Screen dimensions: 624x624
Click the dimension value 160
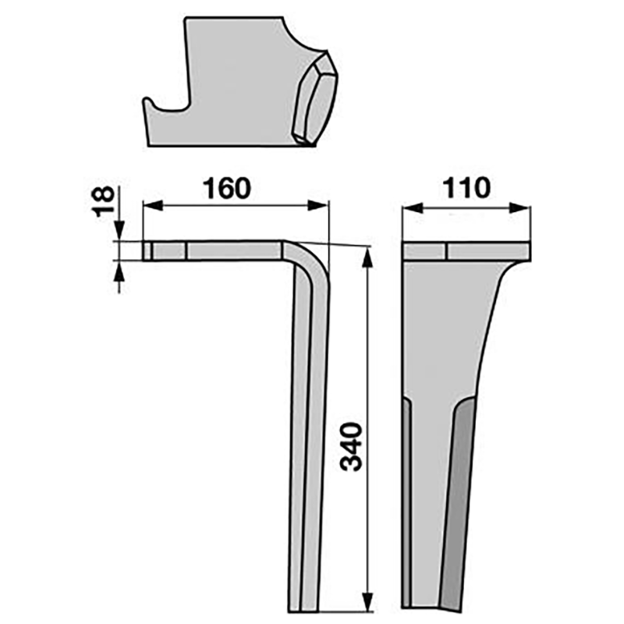228,189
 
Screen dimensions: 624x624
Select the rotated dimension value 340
353,448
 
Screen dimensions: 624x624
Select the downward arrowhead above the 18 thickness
119,234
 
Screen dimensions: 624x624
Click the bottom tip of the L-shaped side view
305,609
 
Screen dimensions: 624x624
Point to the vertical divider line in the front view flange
447,251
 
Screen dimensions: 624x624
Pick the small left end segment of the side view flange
147,251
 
